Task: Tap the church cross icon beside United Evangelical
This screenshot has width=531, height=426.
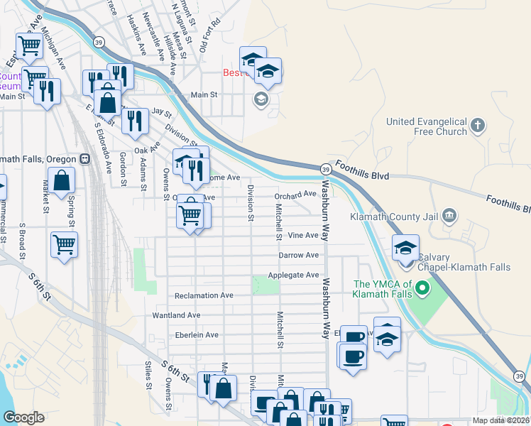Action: [x=478, y=126]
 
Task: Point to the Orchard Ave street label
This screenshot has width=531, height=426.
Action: [x=296, y=195]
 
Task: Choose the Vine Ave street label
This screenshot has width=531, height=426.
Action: [x=303, y=235]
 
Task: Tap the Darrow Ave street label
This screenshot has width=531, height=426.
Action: [x=299, y=255]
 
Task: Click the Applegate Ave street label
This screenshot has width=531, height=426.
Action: [x=293, y=275]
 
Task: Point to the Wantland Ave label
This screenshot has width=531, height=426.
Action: [x=177, y=315]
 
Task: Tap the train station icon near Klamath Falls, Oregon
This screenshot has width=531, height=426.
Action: [x=84, y=158]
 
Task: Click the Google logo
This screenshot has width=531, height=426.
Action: [x=23, y=417]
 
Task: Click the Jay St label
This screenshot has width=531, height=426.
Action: [x=163, y=112]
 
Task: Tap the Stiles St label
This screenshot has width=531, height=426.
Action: [x=148, y=376]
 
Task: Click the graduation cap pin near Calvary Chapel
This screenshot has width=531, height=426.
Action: [x=405, y=249]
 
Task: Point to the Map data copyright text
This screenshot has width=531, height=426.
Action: [x=500, y=420]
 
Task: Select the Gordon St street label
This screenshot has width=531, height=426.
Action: [x=124, y=169]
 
